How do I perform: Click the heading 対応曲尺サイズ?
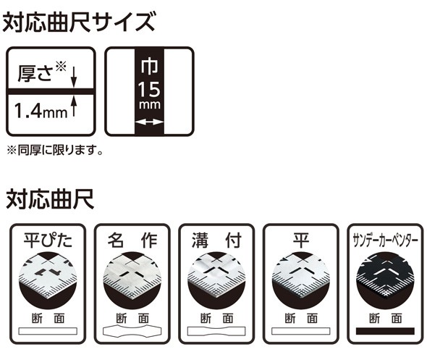tap(79, 22)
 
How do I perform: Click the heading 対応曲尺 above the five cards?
tap(50, 197)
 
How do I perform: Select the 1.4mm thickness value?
tap(41, 112)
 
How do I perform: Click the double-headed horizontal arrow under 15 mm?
tap(150, 125)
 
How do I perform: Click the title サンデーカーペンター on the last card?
tap(384, 240)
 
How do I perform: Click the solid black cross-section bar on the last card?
tap(384, 331)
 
